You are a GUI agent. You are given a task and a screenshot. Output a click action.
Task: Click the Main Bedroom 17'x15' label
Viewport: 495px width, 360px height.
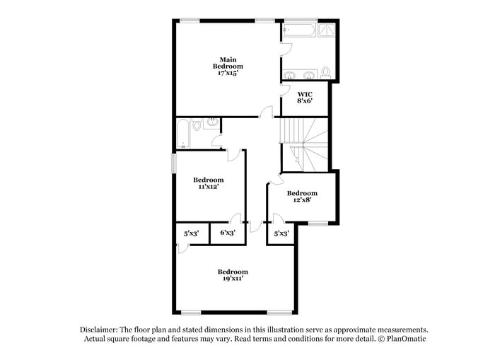coord(227,66)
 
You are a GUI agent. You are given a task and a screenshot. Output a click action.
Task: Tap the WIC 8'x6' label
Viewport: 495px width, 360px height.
coord(305,98)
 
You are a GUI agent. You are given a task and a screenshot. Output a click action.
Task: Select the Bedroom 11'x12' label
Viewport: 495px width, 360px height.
coord(209,183)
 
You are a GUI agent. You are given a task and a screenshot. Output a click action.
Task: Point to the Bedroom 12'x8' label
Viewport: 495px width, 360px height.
coord(302,197)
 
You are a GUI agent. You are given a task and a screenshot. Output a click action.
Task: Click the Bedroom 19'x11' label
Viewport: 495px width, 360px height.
coord(233,275)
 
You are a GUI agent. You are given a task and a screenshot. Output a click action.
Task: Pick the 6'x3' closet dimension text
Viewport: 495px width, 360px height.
coord(228,233)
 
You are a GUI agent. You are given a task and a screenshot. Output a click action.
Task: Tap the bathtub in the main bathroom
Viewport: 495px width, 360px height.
coord(298,30)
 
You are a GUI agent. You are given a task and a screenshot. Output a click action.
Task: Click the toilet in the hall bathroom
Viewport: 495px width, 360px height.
coord(197,125)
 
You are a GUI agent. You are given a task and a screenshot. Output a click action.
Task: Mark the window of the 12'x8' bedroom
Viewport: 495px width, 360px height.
coord(318,223)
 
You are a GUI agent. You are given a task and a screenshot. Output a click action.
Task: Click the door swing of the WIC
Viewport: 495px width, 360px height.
coord(286,88)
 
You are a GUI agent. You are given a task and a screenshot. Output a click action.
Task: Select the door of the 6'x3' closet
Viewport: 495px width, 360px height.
coord(236,219)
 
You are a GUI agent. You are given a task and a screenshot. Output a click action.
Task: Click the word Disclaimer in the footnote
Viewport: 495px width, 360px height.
coord(98,330)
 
